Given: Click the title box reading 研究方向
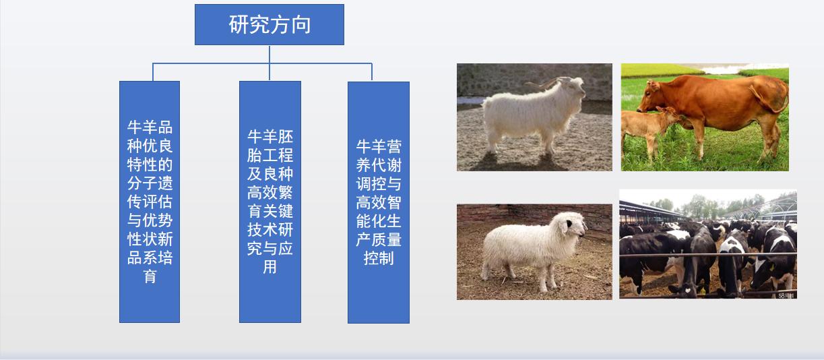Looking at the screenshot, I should click(x=270, y=25).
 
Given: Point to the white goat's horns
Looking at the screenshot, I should click(x=549, y=83).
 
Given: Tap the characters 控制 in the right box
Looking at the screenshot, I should click(x=378, y=258).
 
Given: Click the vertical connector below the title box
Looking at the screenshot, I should click(x=270, y=54).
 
